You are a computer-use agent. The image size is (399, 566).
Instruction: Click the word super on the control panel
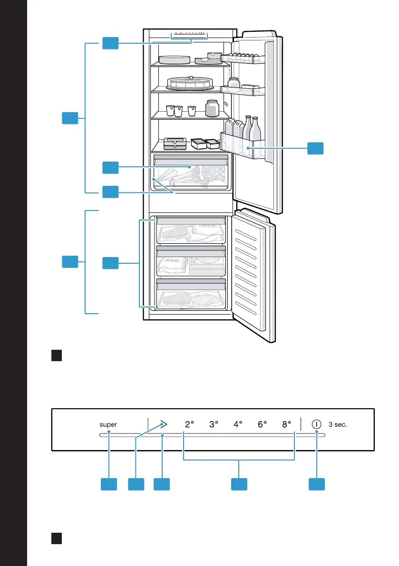click(x=108, y=424)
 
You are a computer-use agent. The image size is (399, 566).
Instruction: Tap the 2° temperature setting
click(x=190, y=424)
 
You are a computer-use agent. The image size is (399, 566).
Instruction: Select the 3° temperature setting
click(x=214, y=424)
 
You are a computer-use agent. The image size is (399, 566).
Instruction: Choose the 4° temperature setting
click(x=238, y=424)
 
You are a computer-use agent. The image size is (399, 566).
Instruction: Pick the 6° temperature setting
click(x=262, y=424)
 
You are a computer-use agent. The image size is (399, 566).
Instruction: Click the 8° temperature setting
click(x=287, y=424)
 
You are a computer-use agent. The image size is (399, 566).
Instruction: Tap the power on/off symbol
click(x=316, y=424)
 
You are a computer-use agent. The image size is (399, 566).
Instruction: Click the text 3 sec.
click(x=338, y=424)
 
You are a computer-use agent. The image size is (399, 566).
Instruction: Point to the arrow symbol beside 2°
click(x=164, y=424)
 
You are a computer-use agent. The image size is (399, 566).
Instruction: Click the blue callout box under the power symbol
click(x=317, y=484)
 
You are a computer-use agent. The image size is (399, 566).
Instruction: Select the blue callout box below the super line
click(x=109, y=484)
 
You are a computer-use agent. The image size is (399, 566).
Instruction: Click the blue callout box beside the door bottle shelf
click(x=315, y=148)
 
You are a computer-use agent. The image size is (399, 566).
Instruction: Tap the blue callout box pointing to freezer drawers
click(x=110, y=263)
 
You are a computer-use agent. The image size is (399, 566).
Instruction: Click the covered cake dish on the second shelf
click(x=190, y=83)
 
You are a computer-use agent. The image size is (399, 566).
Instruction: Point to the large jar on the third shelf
click(x=212, y=108)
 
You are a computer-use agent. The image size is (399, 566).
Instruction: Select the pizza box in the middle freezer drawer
click(x=207, y=266)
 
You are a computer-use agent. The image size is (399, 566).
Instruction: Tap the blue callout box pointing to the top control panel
click(x=110, y=43)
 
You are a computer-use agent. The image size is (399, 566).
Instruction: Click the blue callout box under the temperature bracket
click(x=239, y=484)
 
